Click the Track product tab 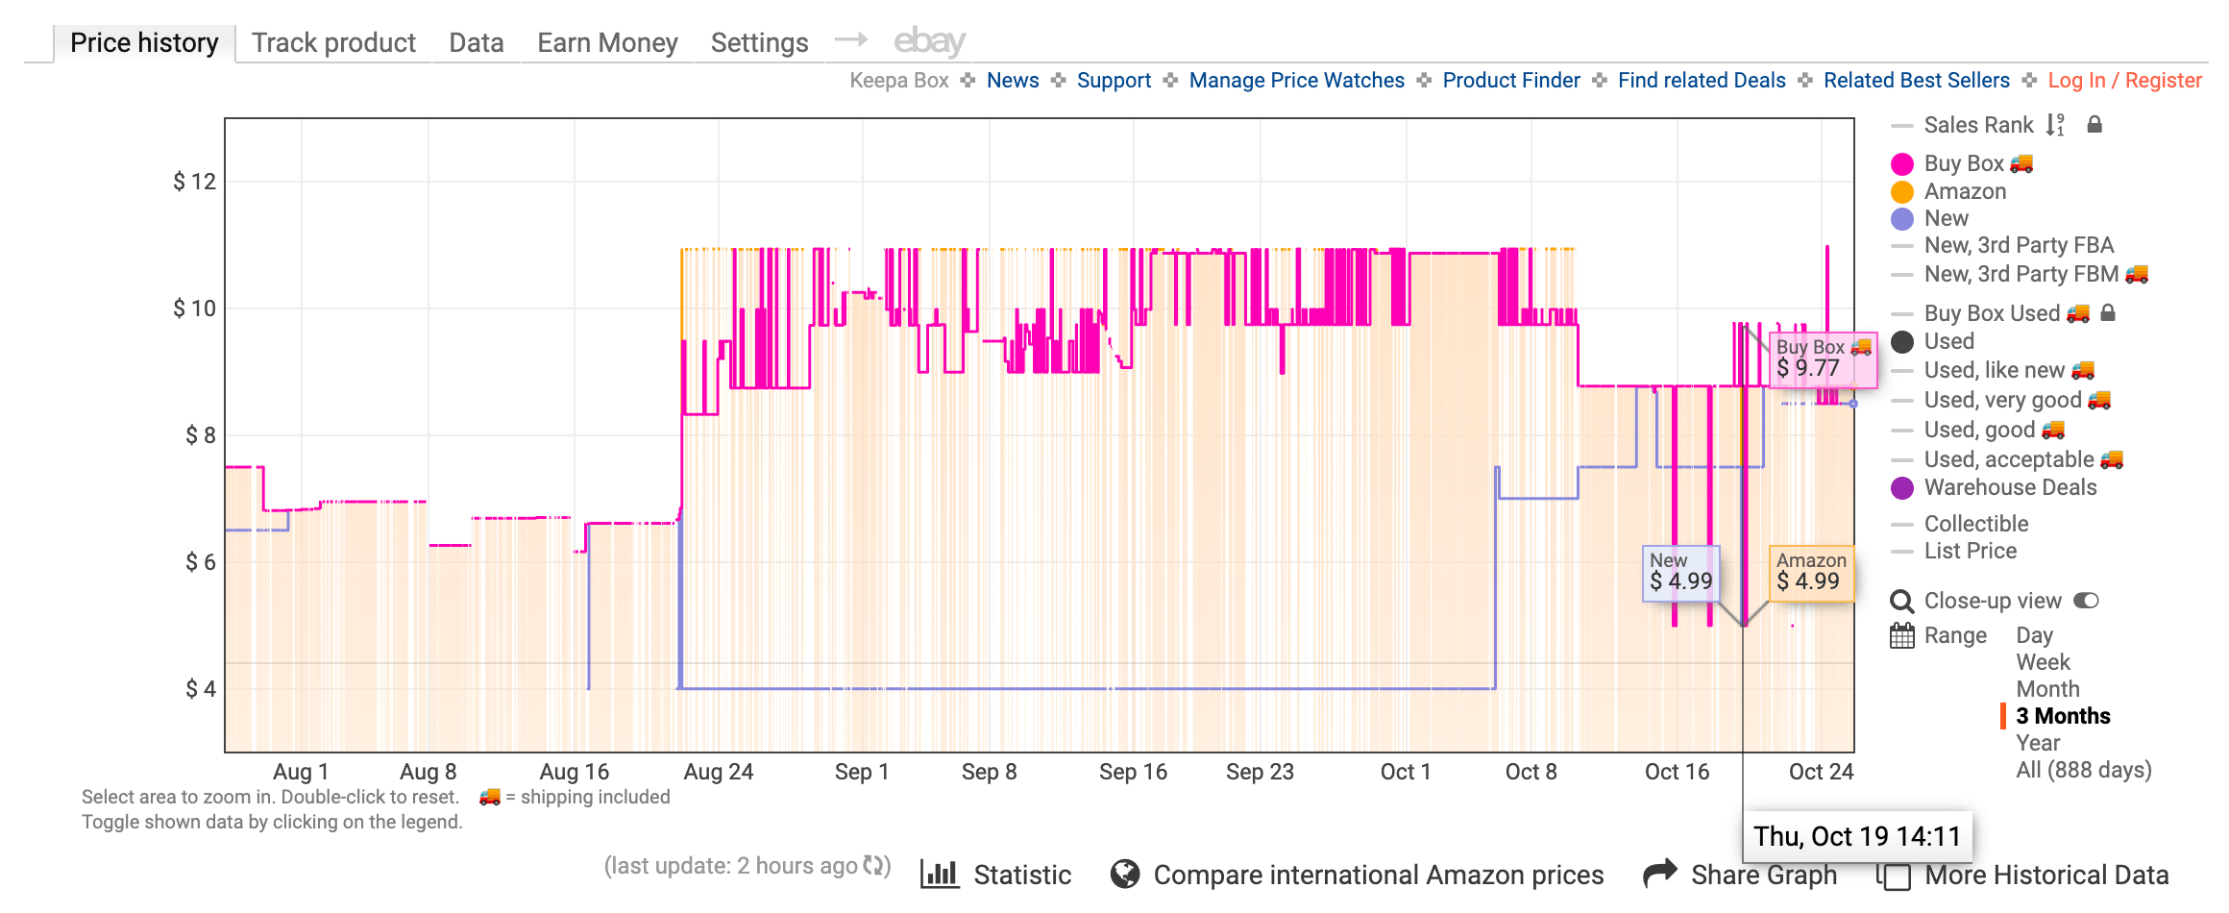(333, 43)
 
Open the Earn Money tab (607, 43)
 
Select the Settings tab (759, 43)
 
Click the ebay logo (929, 41)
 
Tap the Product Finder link (1511, 81)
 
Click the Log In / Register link (2124, 81)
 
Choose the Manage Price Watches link (1296, 81)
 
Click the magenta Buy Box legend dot (1902, 164)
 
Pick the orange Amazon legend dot (1902, 192)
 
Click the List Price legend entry (1970, 552)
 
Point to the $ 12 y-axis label (195, 182)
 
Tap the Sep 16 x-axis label (1133, 772)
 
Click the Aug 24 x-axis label (718, 772)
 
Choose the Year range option (2038, 743)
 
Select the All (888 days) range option (2083, 770)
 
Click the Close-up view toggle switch (2086, 601)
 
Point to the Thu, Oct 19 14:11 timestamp (1856, 836)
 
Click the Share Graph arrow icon (1659, 874)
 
